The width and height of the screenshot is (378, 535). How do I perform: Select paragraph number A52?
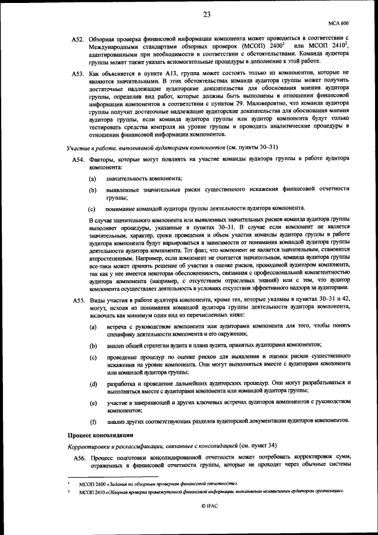79,38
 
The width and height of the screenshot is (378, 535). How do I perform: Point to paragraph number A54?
79,160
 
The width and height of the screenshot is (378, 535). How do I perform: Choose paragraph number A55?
79,301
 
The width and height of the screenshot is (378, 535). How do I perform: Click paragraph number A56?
79,458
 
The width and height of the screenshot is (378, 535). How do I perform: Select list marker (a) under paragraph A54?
93,179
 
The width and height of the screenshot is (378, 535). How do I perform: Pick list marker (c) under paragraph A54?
92,209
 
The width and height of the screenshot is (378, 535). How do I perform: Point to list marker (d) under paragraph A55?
93,384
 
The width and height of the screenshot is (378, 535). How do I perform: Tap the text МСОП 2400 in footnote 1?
92,484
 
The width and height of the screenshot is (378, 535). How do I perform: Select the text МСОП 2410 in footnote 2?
92,491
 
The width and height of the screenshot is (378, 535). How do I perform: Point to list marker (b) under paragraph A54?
93,190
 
